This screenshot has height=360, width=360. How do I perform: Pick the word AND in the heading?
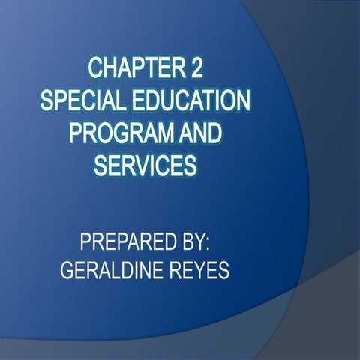coord(201,133)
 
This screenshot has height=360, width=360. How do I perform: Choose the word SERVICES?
coord(144,165)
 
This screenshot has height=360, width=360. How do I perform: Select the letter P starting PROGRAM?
coord(76,133)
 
